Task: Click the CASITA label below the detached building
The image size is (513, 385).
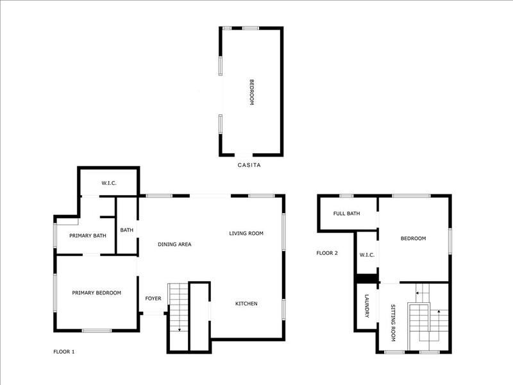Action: pyautogui.click(x=249, y=165)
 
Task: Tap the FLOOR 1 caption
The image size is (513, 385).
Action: pyautogui.click(x=63, y=352)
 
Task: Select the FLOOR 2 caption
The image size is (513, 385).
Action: pyautogui.click(x=327, y=253)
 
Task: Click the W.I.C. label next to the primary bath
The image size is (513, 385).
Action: pyautogui.click(x=108, y=184)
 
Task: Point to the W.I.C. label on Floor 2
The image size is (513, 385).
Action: pyautogui.click(x=367, y=255)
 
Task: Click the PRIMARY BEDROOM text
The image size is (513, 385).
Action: pyautogui.click(x=96, y=293)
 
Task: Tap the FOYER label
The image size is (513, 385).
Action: pyautogui.click(x=153, y=298)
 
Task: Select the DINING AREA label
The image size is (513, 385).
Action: pyautogui.click(x=174, y=244)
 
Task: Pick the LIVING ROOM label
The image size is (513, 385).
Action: pyautogui.click(x=246, y=233)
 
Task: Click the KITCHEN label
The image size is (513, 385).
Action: pyautogui.click(x=246, y=304)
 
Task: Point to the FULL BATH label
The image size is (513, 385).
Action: pyautogui.click(x=346, y=213)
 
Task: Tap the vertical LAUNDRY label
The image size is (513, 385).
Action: pyautogui.click(x=367, y=306)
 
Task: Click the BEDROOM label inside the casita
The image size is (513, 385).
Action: pyautogui.click(x=252, y=92)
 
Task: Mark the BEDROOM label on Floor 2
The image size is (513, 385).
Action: pyautogui.click(x=413, y=239)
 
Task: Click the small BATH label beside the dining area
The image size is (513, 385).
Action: pyautogui.click(x=126, y=230)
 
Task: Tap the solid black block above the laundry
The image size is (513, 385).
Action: pyautogui.click(x=367, y=278)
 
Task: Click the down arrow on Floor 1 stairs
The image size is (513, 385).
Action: pyautogui.click(x=180, y=329)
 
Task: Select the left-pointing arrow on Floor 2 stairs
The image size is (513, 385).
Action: pyautogui.click(x=417, y=293)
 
